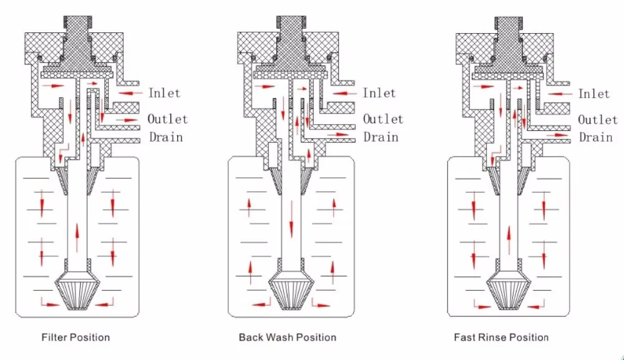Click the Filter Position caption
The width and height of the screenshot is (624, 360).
click(x=76, y=338)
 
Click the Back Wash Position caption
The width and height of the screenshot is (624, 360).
click(x=287, y=338)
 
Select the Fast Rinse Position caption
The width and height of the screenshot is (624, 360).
click(x=501, y=338)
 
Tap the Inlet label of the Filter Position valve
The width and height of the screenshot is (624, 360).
click(x=164, y=93)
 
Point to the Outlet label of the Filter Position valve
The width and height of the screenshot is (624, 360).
click(x=167, y=119)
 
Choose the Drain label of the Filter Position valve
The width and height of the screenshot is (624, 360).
click(x=166, y=137)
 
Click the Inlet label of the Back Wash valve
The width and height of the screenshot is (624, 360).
click(x=379, y=93)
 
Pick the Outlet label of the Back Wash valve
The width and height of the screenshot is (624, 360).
click(x=383, y=119)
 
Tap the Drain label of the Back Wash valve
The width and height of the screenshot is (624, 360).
click(x=381, y=137)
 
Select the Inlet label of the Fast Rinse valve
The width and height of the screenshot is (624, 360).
click(x=594, y=94)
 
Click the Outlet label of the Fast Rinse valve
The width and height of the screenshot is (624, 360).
click(x=598, y=119)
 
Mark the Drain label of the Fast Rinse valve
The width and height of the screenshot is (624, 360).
click(x=596, y=137)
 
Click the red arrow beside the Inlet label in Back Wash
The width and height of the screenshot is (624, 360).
click(x=344, y=94)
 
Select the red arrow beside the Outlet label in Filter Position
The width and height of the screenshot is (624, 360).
click(x=127, y=120)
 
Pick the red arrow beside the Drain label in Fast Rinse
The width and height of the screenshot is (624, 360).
click(x=558, y=135)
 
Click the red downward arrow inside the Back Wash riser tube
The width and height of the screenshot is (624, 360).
click(x=291, y=220)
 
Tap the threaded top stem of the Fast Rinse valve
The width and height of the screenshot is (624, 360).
click(x=509, y=23)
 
